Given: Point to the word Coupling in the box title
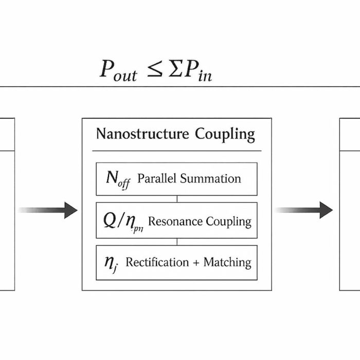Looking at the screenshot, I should (225, 135).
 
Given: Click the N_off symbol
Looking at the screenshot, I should (118, 179).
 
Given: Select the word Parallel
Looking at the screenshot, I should (158, 178).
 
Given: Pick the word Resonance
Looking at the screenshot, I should (175, 221).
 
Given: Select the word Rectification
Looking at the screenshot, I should (157, 262).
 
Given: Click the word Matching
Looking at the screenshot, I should (227, 262).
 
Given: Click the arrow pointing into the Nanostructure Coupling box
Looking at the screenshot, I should (49, 210).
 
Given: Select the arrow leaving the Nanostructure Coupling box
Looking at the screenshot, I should (304, 210).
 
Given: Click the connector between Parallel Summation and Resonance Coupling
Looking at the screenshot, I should (177, 199).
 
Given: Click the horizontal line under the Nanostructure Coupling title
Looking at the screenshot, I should (176, 151).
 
